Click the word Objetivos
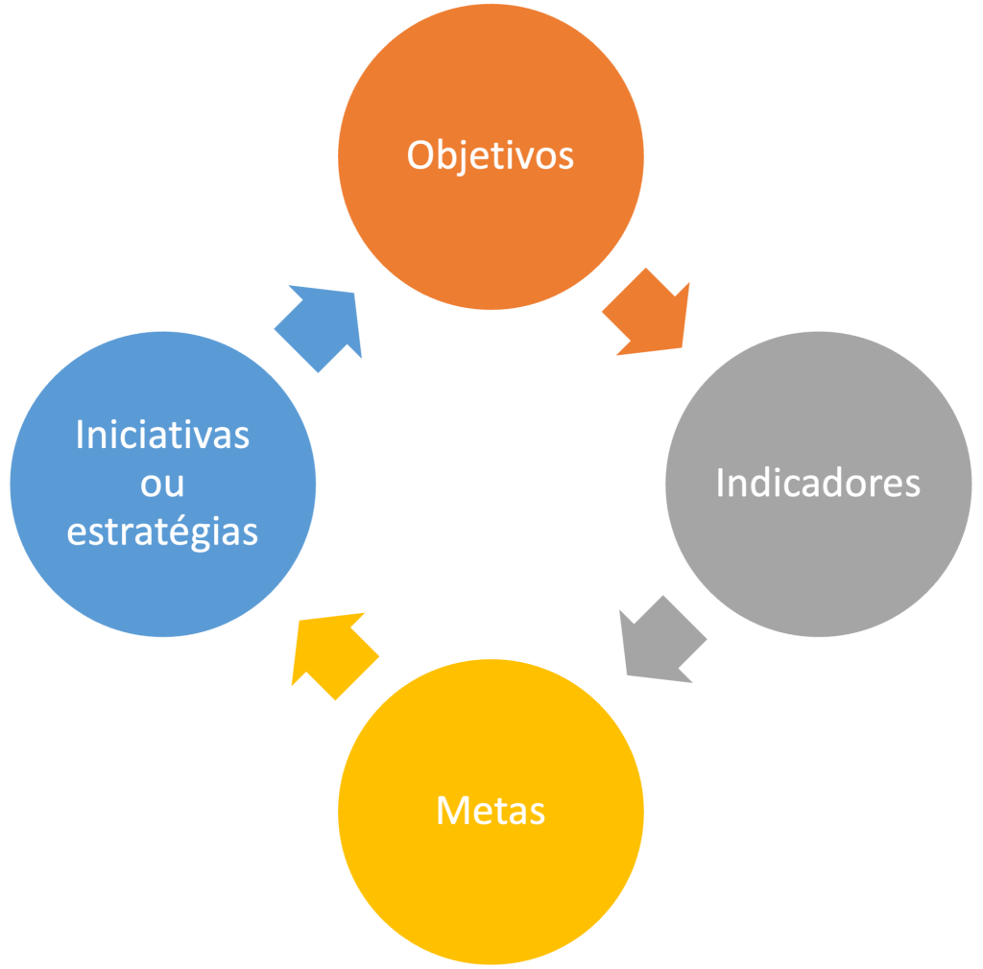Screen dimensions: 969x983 [491, 155]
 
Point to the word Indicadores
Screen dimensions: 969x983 [818, 483]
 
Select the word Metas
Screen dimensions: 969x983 [491, 811]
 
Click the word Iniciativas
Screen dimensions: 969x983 [162, 435]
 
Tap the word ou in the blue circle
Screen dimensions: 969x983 [162, 484]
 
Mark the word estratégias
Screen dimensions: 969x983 [162, 532]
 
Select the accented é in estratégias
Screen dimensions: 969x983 [185, 530]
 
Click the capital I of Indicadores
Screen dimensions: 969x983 [721, 483]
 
